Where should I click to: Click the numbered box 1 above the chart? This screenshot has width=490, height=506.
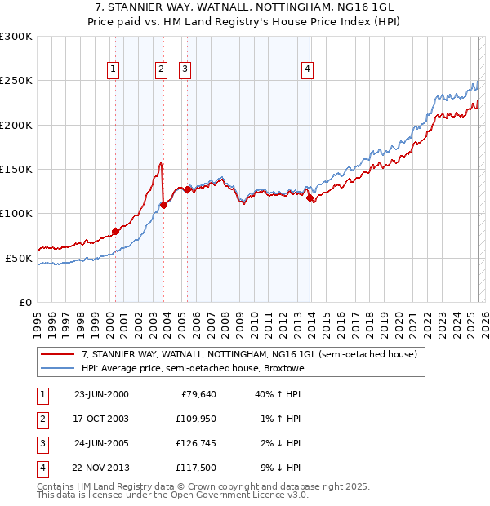[112, 69]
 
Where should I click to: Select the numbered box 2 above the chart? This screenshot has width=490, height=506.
[161, 69]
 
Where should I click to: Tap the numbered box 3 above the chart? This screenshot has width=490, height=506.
[185, 69]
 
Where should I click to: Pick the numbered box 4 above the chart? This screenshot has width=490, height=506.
[307, 69]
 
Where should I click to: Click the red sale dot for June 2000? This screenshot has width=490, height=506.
[115, 231]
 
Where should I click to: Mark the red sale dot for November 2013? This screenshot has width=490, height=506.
[310, 198]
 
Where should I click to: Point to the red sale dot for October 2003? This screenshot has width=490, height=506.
[163, 205]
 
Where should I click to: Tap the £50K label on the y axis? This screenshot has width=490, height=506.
[20, 258]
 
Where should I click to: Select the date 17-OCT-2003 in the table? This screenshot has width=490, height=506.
[101, 419]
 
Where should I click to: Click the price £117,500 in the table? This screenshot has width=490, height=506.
[195, 468]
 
